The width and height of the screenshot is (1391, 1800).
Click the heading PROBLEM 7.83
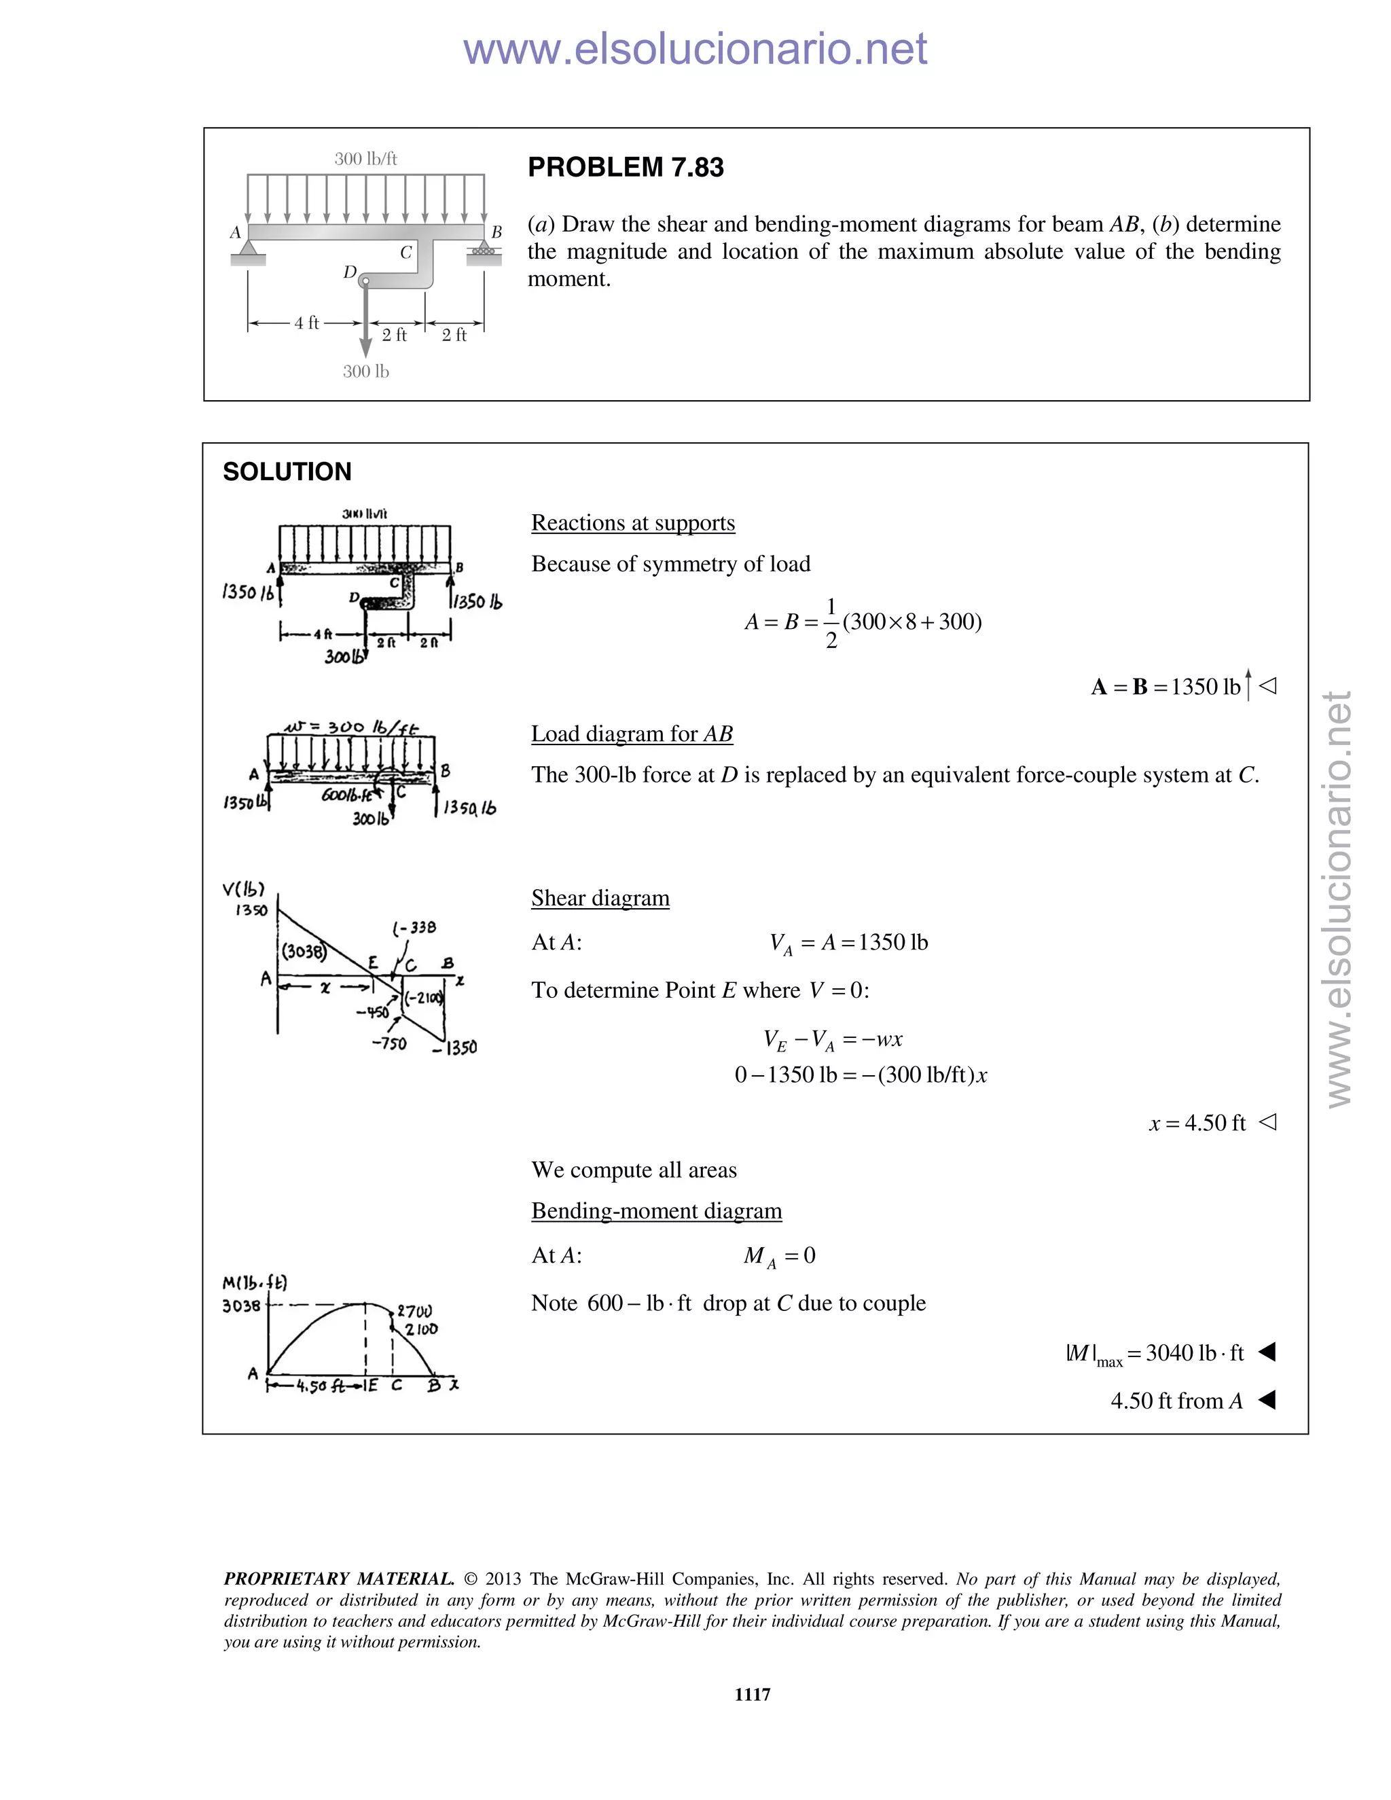pyautogui.click(x=626, y=167)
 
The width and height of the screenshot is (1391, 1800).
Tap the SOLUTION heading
pyautogui.click(x=287, y=471)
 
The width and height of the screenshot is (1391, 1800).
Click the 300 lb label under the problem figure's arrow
pyautogui.click(x=366, y=372)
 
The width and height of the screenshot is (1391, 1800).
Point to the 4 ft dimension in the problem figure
pyautogui.click(x=306, y=323)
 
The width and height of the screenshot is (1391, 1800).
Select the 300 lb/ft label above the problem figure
pyautogui.click(x=366, y=159)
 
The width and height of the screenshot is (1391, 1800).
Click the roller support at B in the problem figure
pyautogui.click(x=484, y=251)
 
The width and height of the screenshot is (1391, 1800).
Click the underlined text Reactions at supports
pyautogui.click(x=632, y=522)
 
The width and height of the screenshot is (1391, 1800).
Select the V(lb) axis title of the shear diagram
pyautogui.click(x=243, y=889)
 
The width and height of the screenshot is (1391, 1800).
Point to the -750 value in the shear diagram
pyautogui.click(x=389, y=1044)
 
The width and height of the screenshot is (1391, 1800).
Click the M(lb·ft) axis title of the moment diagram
pyautogui.click(x=255, y=1282)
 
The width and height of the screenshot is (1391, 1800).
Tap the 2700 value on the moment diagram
pyautogui.click(x=415, y=1311)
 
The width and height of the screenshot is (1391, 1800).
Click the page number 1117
pyautogui.click(x=753, y=1693)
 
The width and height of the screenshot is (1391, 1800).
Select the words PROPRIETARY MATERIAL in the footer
pyautogui.click(x=339, y=1579)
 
